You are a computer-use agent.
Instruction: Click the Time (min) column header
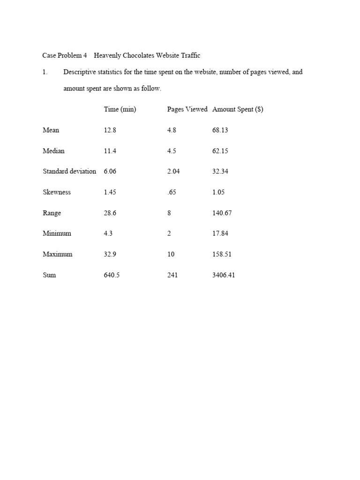click(x=120, y=109)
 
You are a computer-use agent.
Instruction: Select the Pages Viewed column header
click(x=187, y=109)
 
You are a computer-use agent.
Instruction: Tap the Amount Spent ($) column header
click(x=238, y=109)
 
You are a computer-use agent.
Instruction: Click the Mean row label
click(x=51, y=130)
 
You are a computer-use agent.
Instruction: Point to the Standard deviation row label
click(x=69, y=171)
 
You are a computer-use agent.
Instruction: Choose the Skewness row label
click(x=57, y=192)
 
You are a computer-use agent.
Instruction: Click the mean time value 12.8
click(x=110, y=130)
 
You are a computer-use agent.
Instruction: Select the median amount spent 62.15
click(x=220, y=151)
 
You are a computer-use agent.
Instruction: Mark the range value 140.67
click(x=222, y=213)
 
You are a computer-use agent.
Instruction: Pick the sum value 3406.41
click(x=224, y=275)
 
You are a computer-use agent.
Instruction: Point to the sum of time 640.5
click(x=112, y=275)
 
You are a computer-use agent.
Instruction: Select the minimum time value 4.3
click(x=108, y=233)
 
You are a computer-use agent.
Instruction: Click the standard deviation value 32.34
click(x=220, y=171)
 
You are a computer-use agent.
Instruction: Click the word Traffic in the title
click(x=189, y=55)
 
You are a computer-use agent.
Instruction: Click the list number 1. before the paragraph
click(x=45, y=72)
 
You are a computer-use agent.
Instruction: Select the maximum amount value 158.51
click(x=222, y=254)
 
